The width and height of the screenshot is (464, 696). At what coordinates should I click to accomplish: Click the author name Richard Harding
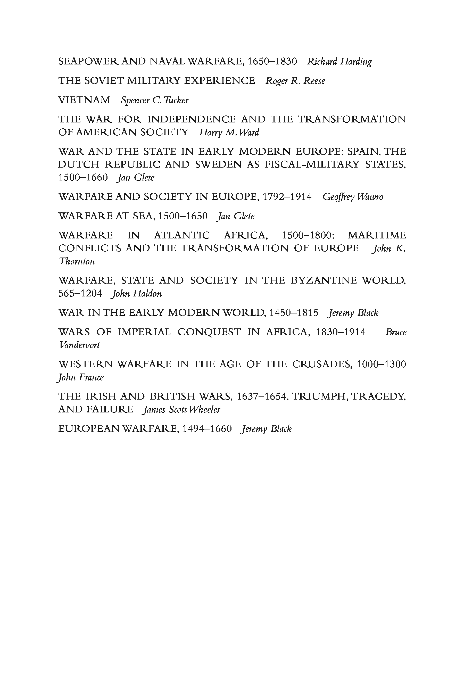[339, 62]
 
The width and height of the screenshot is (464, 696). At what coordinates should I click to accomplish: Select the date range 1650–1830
[272, 62]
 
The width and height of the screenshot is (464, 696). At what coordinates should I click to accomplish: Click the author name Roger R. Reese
[295, 81]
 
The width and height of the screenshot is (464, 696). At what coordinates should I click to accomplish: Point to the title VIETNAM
[84, 100]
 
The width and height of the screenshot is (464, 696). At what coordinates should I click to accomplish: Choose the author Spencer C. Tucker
[154, 100]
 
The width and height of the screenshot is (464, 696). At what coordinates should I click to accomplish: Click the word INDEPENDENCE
[192, 119]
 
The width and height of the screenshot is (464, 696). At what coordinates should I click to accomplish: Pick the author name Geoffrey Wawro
[353, 197]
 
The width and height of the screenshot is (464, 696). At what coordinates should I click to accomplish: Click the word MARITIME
[377, 235]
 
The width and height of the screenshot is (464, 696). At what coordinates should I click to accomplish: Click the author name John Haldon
[136, 294]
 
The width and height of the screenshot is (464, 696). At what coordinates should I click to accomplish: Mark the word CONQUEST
[209, 332]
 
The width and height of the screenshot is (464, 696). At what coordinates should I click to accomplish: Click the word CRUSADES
[322, 364]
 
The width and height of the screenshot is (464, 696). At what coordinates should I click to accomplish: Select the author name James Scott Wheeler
[181, 410]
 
